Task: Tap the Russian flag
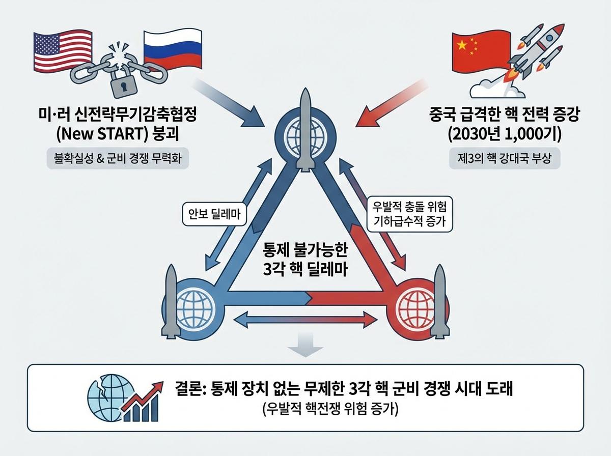click(x=169, y=50)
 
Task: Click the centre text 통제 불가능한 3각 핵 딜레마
click(x=304, y=259)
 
